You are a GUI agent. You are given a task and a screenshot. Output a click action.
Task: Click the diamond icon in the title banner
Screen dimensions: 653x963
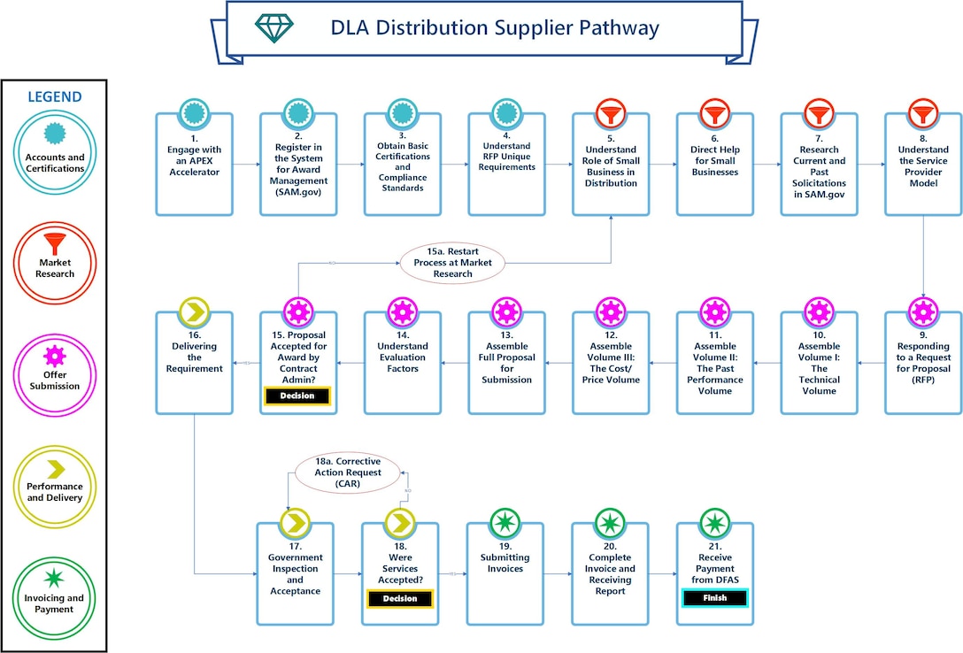(x=272, y=28)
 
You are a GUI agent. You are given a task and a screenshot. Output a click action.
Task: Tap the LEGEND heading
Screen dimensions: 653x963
(x=55, y=97)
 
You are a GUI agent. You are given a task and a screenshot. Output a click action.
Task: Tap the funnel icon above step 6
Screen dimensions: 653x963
(x=714, y=113)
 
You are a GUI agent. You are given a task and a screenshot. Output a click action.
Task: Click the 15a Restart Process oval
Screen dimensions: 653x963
(x=452, y=263)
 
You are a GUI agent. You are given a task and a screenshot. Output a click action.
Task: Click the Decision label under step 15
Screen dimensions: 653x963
(x=297, y=396)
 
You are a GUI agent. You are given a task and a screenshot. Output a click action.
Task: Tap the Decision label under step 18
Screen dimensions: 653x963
(x=399, y=599)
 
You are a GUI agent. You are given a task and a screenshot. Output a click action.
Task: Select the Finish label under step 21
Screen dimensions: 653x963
(x=714, y=598)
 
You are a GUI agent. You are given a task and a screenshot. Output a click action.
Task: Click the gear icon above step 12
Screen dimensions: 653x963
(x=610, y=311)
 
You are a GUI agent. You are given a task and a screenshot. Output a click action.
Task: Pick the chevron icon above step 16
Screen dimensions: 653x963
(x=195, y=311)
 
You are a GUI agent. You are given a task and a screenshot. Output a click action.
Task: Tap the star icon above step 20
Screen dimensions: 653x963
(x=610, y=522)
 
